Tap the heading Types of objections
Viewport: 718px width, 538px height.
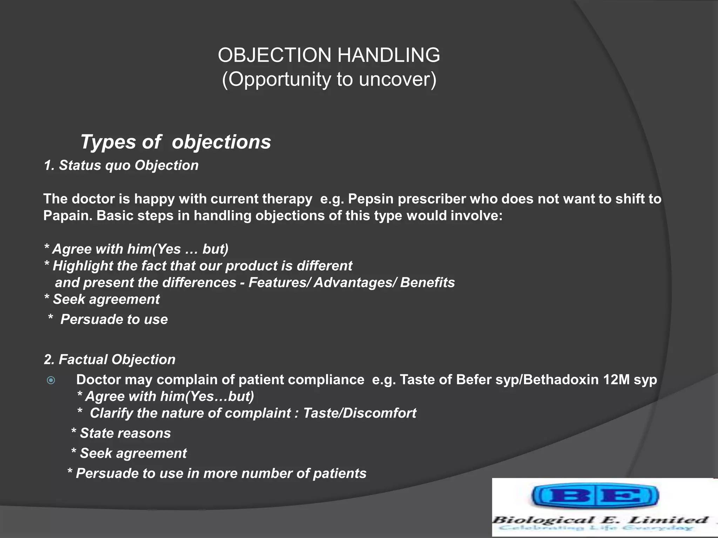[176, 142]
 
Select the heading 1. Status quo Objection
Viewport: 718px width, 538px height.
[121, 165]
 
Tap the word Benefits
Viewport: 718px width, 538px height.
[427, 283]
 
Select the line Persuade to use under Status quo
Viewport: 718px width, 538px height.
[114, 319]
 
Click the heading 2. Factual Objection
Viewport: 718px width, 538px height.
[110, 360]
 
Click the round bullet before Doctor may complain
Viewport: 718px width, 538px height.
[51, 380]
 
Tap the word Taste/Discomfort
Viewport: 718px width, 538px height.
[359, 413]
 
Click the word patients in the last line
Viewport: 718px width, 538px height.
[339, 474]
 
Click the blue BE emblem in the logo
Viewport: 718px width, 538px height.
[595, 496]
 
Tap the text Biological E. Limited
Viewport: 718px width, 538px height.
[600, 520]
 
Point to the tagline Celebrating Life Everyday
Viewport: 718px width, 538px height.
[596, 528]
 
